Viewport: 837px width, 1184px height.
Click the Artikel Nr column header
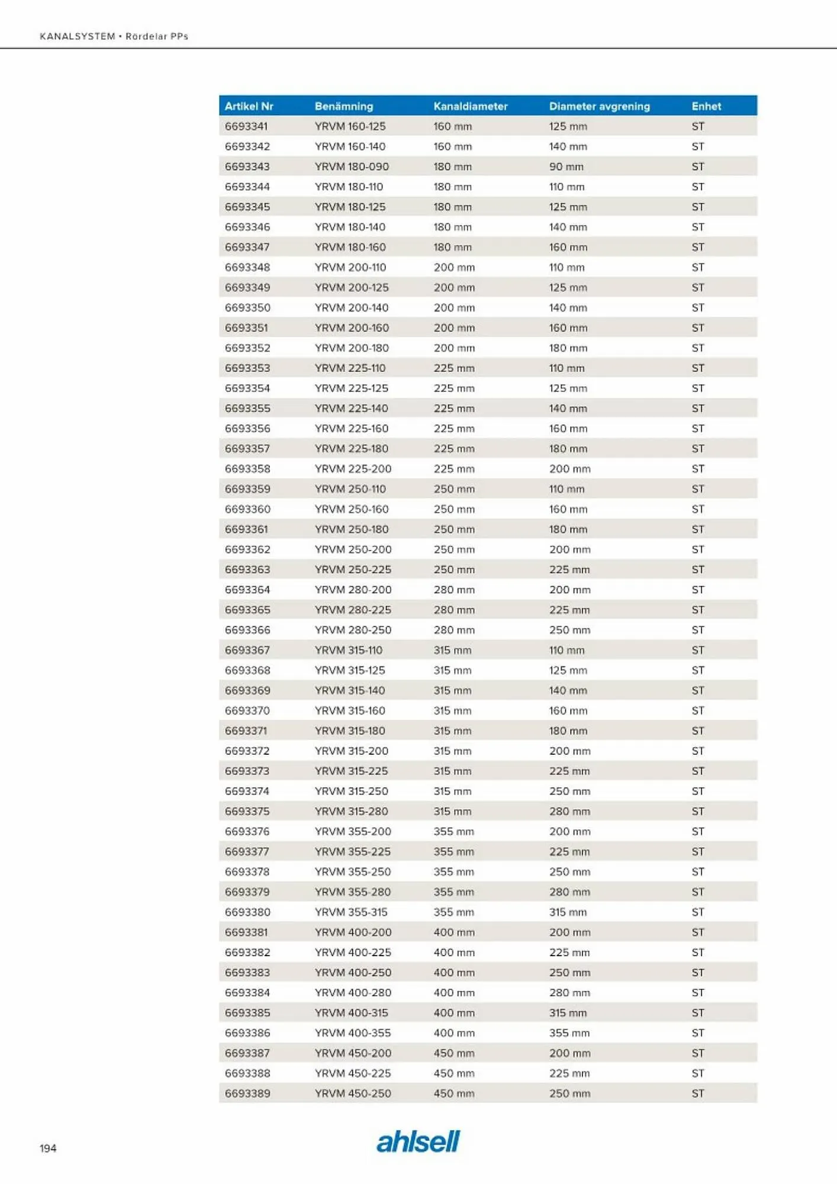coord(249,107)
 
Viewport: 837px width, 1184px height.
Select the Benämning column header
coord(343,107)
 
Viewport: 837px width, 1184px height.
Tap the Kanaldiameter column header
coord(470,107)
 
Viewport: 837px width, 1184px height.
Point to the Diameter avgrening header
coord(599,107)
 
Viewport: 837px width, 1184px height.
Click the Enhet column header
coord(706,107)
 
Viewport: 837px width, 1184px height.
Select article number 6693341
coord(246,127)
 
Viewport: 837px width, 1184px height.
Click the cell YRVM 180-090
coord(352,167)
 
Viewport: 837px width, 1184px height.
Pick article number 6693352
coord(247,348)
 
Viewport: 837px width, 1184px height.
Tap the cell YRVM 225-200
coord(353,469)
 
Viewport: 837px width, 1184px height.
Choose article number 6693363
coord(247,570)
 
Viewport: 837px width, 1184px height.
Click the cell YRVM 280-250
coord(353,630)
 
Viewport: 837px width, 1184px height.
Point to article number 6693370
coord(247,710)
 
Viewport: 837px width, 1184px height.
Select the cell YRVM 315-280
coord(352,811)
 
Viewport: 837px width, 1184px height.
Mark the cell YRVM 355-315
coord(351,912)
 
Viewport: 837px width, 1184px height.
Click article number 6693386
coord(247,1033)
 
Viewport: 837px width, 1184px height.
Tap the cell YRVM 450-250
coord(353,1093)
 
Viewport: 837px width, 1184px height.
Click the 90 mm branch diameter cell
coord(566,167)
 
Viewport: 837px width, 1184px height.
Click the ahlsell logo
coord(418,1141)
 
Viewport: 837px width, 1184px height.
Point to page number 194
coord(48,1148)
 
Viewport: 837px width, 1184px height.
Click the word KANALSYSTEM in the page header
coord(78,36)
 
